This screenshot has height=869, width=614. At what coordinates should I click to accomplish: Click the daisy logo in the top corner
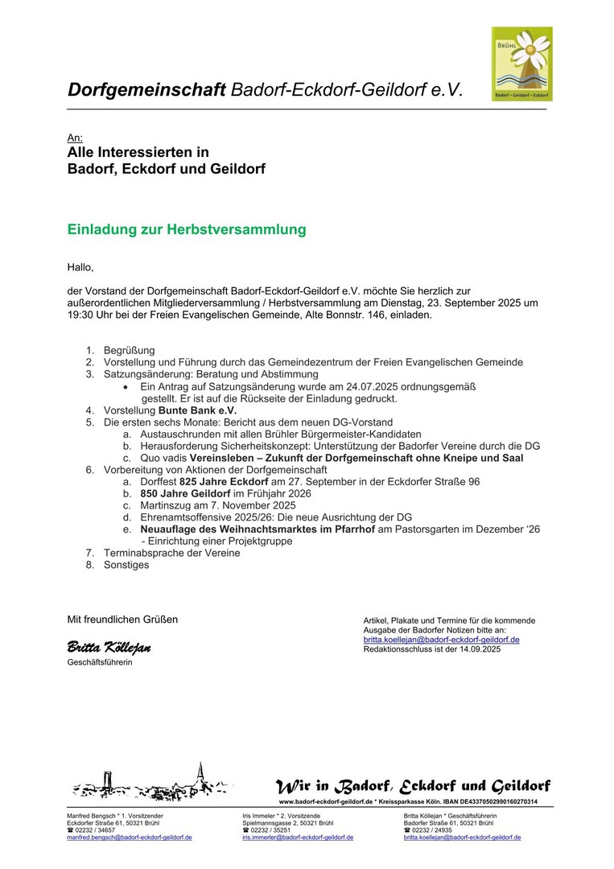(521, 64)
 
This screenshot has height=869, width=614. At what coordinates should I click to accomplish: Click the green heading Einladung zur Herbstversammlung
(187, 229)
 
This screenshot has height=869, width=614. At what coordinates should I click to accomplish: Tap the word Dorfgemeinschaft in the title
(146, 89)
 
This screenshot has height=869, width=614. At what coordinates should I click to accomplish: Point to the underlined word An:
(75, 138)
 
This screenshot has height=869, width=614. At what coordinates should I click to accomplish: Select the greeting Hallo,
(80, 267)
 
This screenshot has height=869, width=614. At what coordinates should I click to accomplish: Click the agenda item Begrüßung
(129, 350)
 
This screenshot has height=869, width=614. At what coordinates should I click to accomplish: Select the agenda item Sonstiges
(126, 565)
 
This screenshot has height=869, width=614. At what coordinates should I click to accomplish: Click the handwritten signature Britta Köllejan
(109, 648)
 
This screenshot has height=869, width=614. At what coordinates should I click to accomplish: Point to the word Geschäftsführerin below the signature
(100, 662)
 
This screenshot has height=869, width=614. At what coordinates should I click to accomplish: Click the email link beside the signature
(441, 640)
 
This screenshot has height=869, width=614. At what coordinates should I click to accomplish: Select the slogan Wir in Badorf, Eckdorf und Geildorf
(413, 785)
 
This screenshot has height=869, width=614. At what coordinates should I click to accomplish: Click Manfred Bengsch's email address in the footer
(129, 838)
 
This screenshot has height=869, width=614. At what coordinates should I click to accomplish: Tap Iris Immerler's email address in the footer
(298, 838)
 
